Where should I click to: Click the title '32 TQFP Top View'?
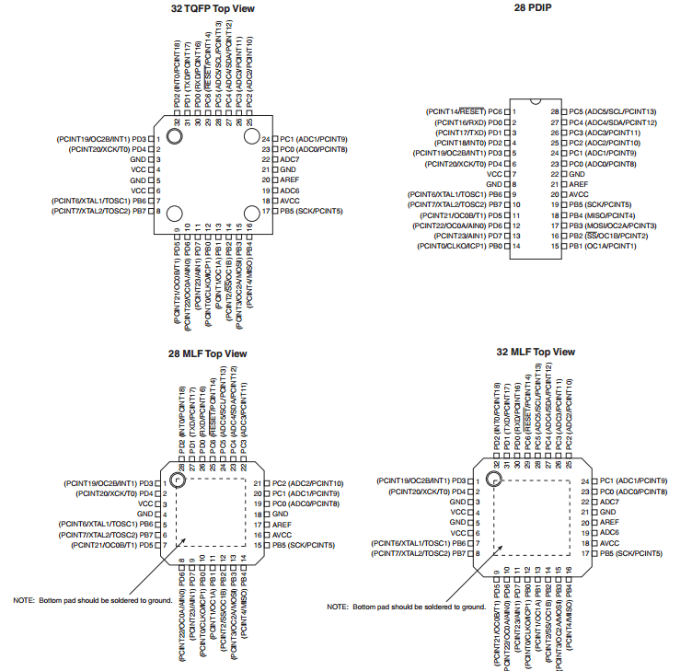(x=212, y=9)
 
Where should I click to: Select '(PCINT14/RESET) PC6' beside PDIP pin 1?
(x=464, y=110)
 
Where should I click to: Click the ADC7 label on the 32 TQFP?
(x=290, y=159)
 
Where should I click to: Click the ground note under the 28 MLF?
(x=93, y=599)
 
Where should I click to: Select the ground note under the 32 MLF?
(x=406, y=607)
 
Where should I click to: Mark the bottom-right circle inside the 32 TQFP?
(x=250, y=212)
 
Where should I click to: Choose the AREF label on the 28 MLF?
(x=282, y=524)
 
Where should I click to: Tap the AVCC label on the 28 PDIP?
(x=578, y=194)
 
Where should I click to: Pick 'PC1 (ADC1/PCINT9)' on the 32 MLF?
(x=633, y=481)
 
